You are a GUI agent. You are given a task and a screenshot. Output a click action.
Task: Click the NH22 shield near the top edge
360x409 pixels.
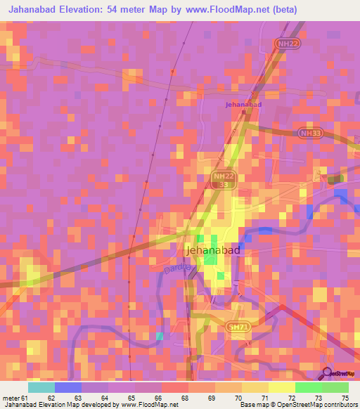click(x=283, y=44)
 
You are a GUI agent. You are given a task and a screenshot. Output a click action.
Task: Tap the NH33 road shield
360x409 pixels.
click(x=309, y=132)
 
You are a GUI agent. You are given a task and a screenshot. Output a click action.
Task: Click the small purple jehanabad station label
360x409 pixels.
click(x=243, y=105)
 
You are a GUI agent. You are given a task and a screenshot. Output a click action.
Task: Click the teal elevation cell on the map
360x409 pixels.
click(x=160, y=337)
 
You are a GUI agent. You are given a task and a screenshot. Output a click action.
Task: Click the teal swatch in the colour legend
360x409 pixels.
click(x=41, y=387)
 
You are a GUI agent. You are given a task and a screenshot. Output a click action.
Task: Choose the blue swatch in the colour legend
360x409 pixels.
click(x=68, y=387)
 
